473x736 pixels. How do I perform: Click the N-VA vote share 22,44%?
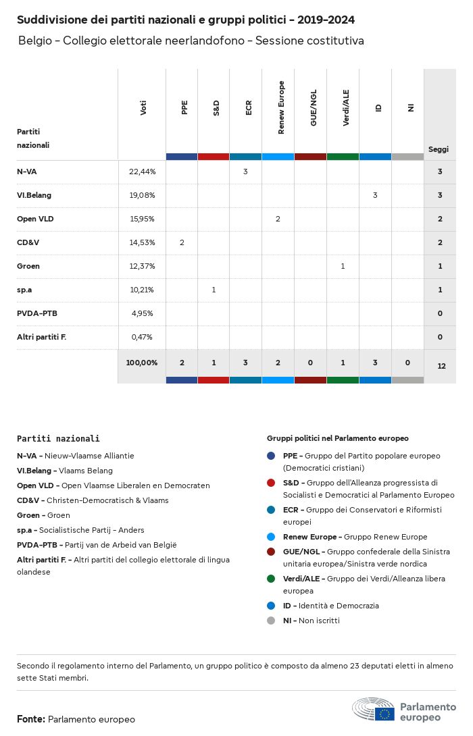click(x=142, y=172)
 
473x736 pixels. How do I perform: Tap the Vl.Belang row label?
click(x=34, y=195)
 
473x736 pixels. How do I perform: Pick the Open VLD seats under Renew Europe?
click(x=278, y=219)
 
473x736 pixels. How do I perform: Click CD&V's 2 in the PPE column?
click(x=182, y=242)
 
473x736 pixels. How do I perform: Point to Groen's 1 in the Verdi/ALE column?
click(x=343, y=266)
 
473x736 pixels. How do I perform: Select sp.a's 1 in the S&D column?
click(x=214, y=290)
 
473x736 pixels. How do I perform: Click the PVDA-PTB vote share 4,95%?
click(x=142, y=313)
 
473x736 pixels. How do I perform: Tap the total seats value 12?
click(x=441, y=366)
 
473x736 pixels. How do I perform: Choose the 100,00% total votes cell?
click(x=142, y=363)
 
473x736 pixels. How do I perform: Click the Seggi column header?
click(x=439, y=149)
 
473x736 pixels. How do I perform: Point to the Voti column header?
click(x=143, y=108)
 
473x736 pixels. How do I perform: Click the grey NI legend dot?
click(x=271, y=621)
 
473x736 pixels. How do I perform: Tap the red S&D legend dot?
click(x=271, y=483)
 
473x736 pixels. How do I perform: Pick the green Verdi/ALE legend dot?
click(x=271, y=579)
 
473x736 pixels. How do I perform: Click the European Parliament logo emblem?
click(x=374, y=710)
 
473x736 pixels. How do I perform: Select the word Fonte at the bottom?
click(x=31, y=719)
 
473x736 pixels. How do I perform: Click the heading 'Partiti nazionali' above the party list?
click(x=58, y=438)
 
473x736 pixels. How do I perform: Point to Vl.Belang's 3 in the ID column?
click(x=375, y=195)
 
